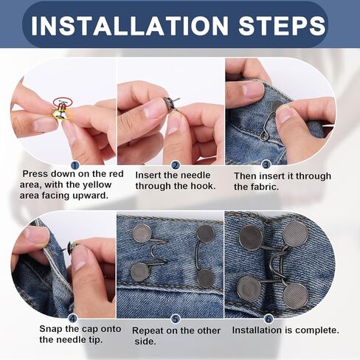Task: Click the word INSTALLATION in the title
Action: tap(130, 25)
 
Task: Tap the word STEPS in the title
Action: tap(282, 25)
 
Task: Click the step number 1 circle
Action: tap(75, 165)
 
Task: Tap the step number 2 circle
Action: tap(175, 165)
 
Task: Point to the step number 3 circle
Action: tap(266, 165)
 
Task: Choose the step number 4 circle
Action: tap(73, 319)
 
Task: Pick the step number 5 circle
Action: tap(175, 319)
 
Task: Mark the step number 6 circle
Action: tap(269, 319)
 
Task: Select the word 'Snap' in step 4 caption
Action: tap(51, 329)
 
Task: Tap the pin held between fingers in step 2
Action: tap(171, 102)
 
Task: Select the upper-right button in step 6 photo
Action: tap(295, 234)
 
